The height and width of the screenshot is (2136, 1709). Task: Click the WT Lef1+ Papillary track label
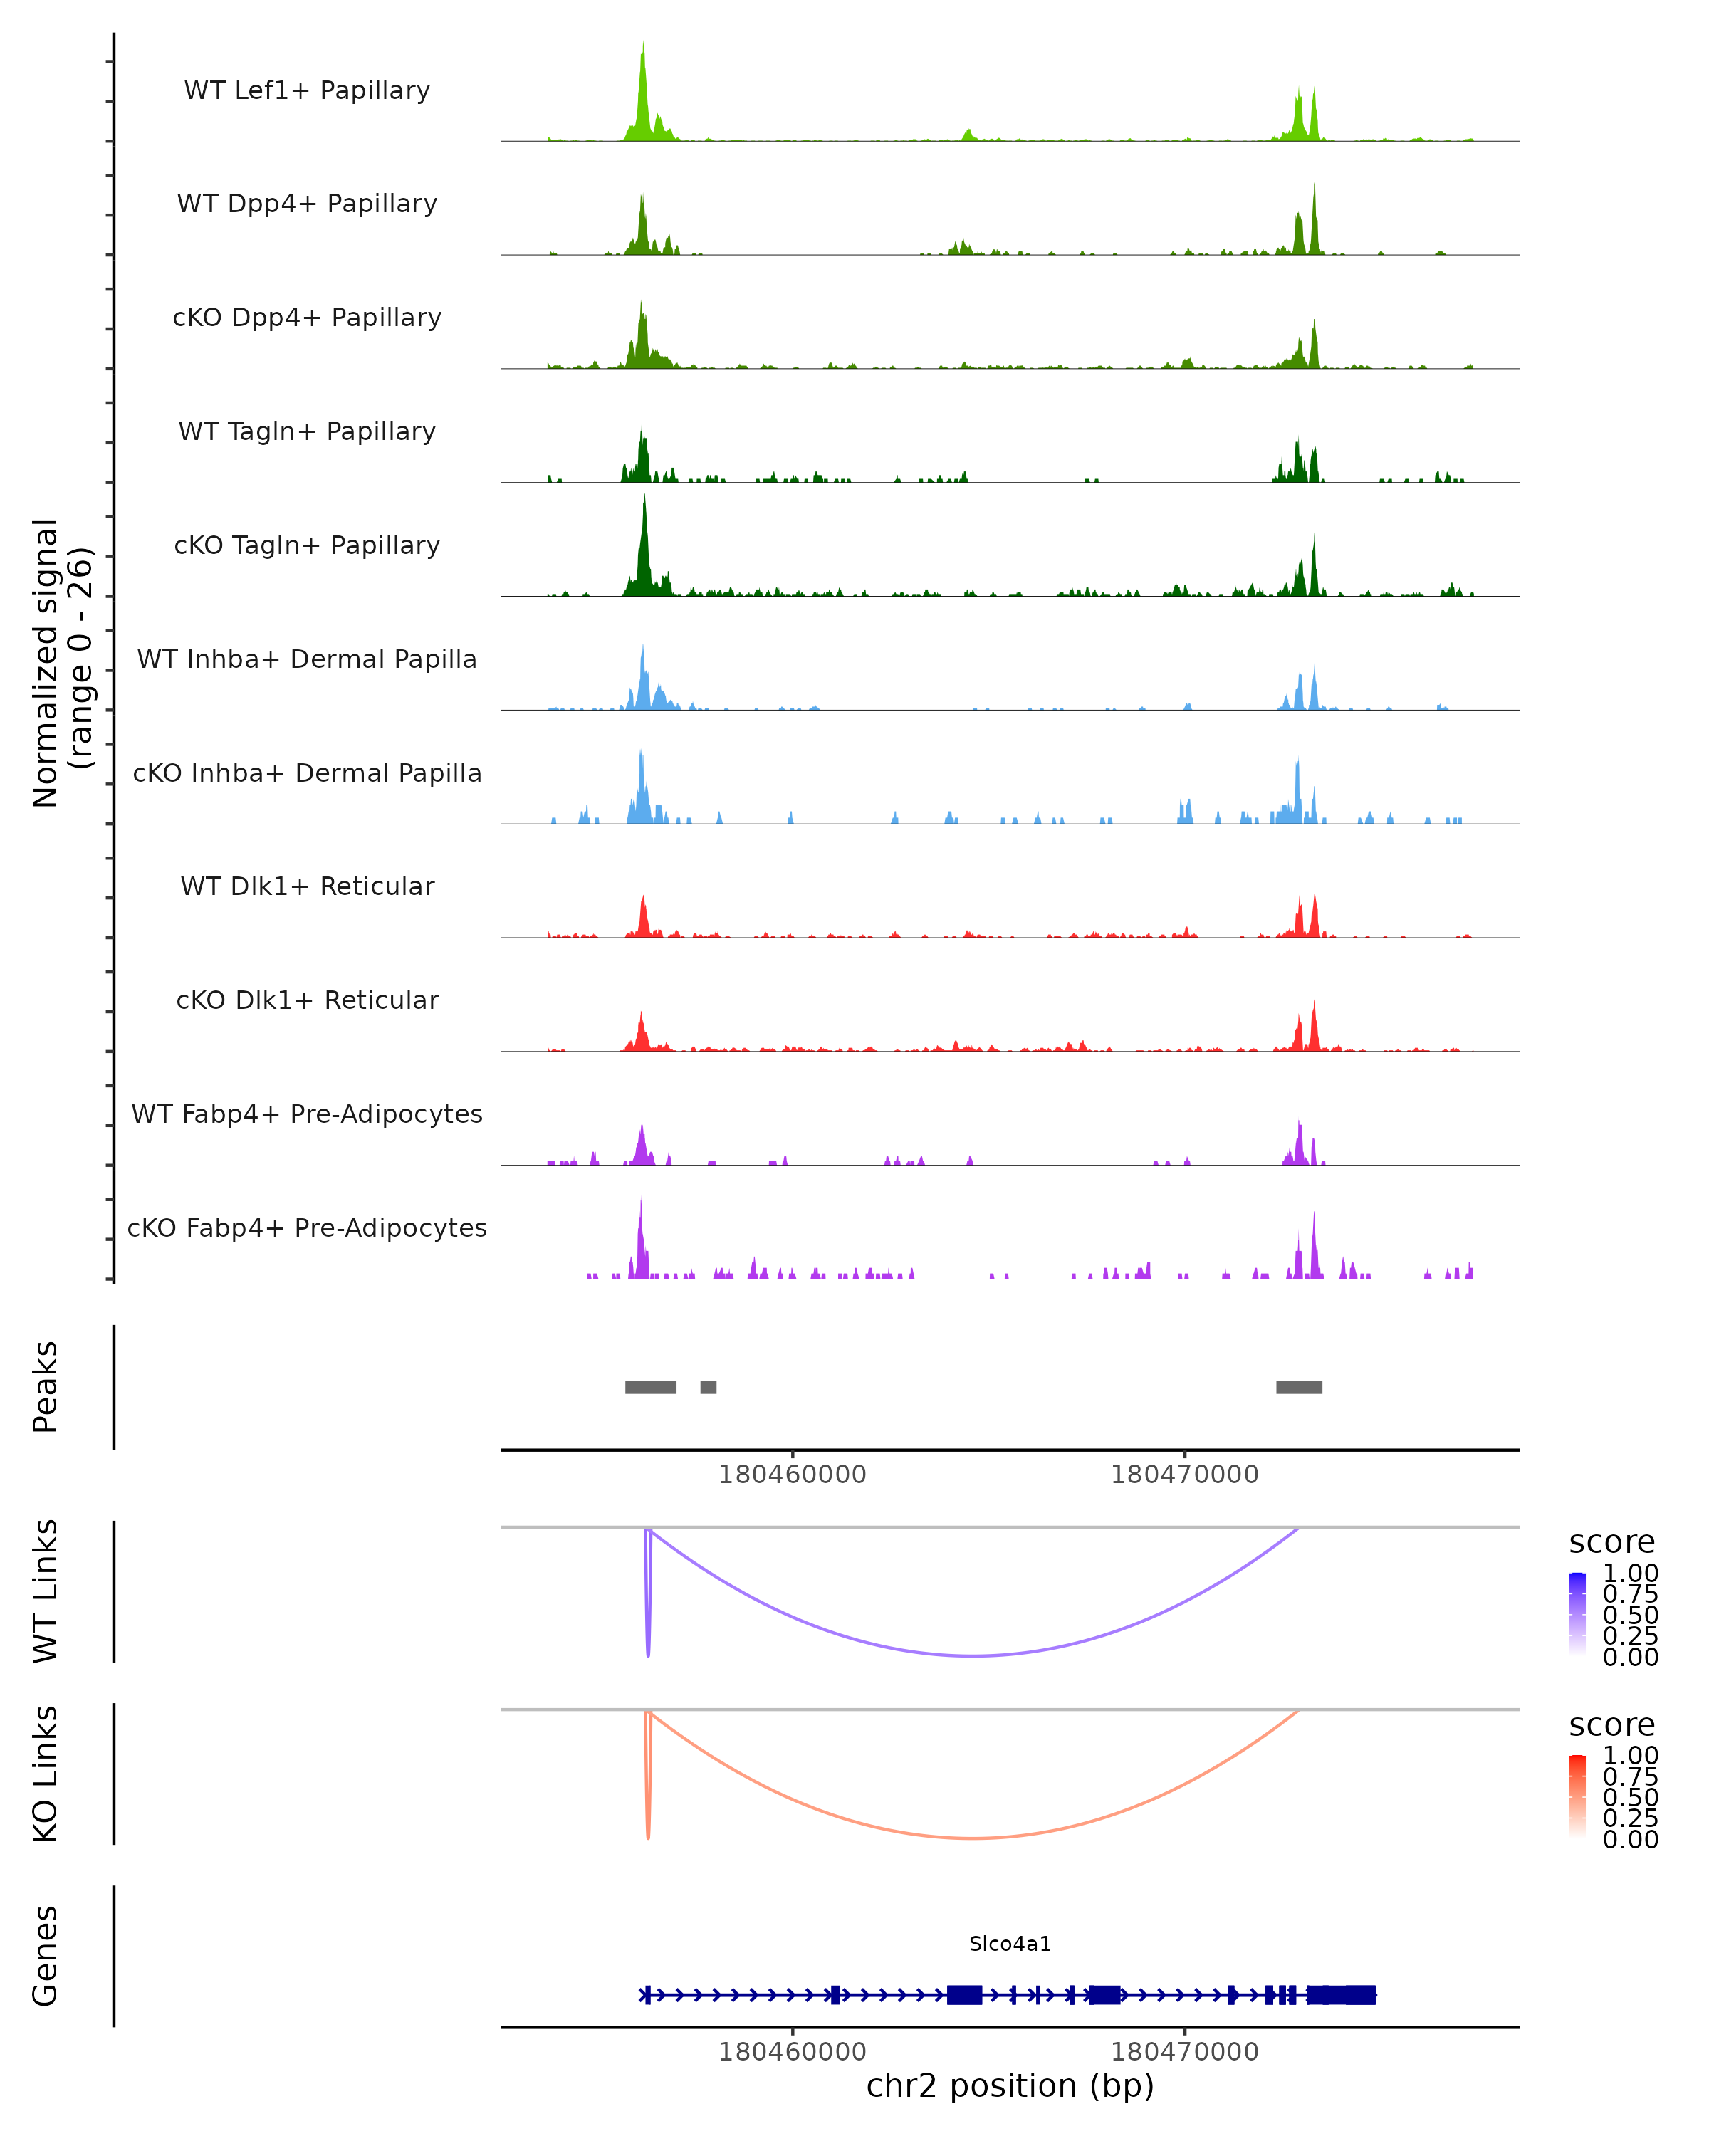pos(307,90)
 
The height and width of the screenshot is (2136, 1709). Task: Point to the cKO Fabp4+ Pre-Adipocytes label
pos(307,1227)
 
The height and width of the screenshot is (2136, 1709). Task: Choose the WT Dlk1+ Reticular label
pos(307,886)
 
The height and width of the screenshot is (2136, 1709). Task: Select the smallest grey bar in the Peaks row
pos(709,1387)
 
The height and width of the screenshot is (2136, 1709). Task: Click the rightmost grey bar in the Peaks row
pos(1299,1387)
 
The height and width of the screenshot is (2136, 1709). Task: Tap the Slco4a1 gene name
pos(1010,1944)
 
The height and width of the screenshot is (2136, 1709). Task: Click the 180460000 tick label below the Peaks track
pos(792,1475)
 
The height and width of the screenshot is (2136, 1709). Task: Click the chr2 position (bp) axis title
pos(1010,2085)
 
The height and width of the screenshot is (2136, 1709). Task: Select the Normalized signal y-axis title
pos(61,663)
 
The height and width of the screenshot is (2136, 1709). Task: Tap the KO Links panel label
pos(46,1774)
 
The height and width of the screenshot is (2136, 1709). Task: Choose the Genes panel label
pos(46,1956)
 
